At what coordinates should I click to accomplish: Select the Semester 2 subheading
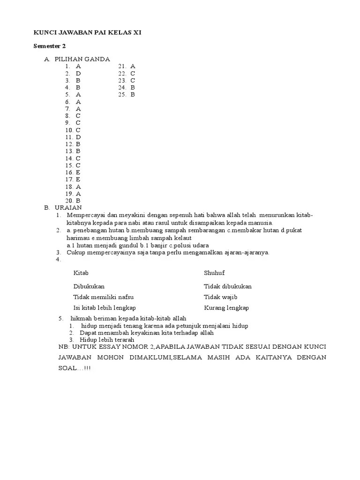pos(49,46)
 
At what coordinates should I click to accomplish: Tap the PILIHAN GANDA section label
pos(82,59)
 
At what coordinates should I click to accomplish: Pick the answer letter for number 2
pos(79,74)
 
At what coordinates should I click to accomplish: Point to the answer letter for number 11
pos(79,137)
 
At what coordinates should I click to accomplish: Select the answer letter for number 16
pos(78,172)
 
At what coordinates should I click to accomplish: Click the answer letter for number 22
pos(133,74)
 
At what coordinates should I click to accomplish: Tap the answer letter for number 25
pos(133,95)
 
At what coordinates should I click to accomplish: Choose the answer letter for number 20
pos(78,200)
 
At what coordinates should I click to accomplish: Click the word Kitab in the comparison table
pos(81,273)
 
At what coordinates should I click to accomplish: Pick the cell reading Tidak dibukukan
pos(228,286)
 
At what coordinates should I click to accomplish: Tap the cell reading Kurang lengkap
pos(226,308)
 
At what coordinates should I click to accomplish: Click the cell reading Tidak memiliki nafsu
pos(103,297)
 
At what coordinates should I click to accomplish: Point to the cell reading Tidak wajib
pos(221,297)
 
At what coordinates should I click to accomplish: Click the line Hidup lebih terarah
pos(107,339)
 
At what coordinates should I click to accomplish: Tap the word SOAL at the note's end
pos(64,368)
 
